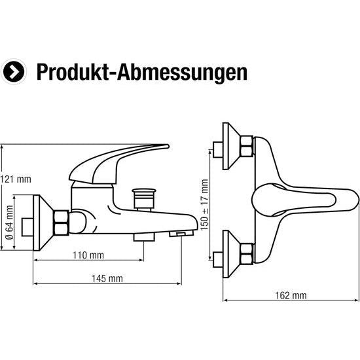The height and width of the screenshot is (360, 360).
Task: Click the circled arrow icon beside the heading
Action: [x=14, y=71]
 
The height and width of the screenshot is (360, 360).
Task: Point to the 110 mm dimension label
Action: [x=88, y=255]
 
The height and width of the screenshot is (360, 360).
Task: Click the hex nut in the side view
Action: [x=60, y=223]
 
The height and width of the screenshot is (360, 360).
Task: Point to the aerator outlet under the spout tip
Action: [x=178, y=232]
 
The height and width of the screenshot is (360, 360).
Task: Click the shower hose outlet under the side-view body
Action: [x=143, y=236]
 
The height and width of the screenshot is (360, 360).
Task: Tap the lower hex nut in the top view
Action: [x=247, y=251]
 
